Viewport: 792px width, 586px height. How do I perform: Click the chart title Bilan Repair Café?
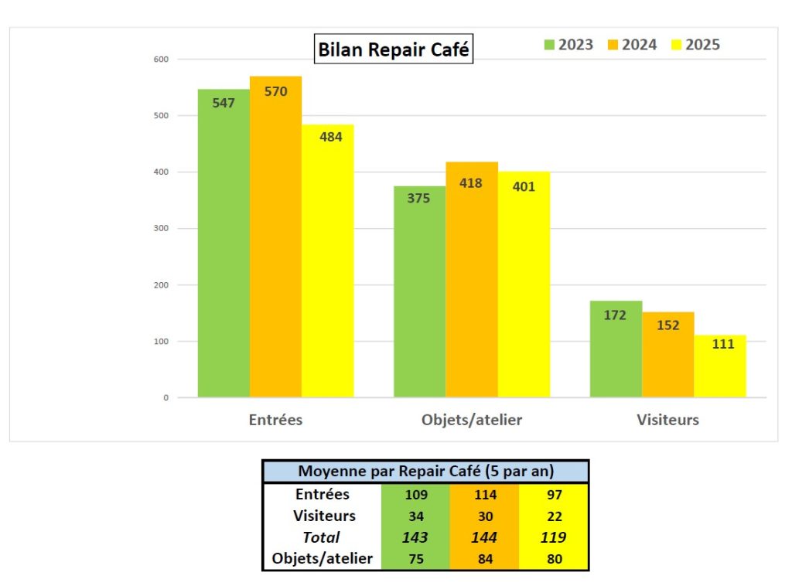(x=393, y=49)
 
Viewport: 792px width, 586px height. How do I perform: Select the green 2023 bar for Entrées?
(x=224, y=247)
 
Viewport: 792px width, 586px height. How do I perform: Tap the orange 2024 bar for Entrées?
(x=275, y=240)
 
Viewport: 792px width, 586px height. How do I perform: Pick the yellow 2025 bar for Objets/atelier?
(x=524, y=286)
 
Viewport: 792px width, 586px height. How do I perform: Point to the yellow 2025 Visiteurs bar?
(x=720, y=367)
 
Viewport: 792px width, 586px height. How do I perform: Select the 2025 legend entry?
(x=695, y=45)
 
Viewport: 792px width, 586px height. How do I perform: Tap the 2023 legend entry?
(x=568, y=45)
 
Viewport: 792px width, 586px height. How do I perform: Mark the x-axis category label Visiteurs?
(x=667, y=421)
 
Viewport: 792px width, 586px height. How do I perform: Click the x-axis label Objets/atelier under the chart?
(x=472, y=421)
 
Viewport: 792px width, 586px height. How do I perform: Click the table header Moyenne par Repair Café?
(x=426, y=471)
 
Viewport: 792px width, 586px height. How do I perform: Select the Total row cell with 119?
(x=554, y=537)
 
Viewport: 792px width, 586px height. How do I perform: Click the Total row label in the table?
(x=322, y=537)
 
